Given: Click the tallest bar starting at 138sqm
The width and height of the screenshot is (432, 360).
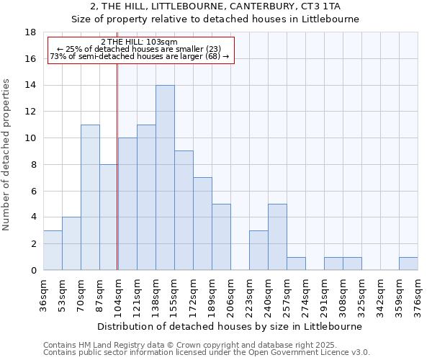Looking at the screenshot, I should tap(165, 178).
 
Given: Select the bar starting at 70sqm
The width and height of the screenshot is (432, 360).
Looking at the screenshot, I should tap(90, 197).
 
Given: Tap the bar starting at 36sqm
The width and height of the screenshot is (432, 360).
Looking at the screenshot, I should tap(53, 250).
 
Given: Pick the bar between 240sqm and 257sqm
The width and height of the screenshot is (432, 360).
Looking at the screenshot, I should tap(277, 237).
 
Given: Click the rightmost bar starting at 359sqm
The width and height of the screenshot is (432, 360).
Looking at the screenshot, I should tap(408, 264).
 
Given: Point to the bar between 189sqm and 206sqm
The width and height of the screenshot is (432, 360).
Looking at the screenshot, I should tap(221, 237).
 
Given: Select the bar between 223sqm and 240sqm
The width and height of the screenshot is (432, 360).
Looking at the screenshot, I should tap(258, 250).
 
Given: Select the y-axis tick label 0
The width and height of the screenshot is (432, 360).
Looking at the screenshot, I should tap(33, 270).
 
